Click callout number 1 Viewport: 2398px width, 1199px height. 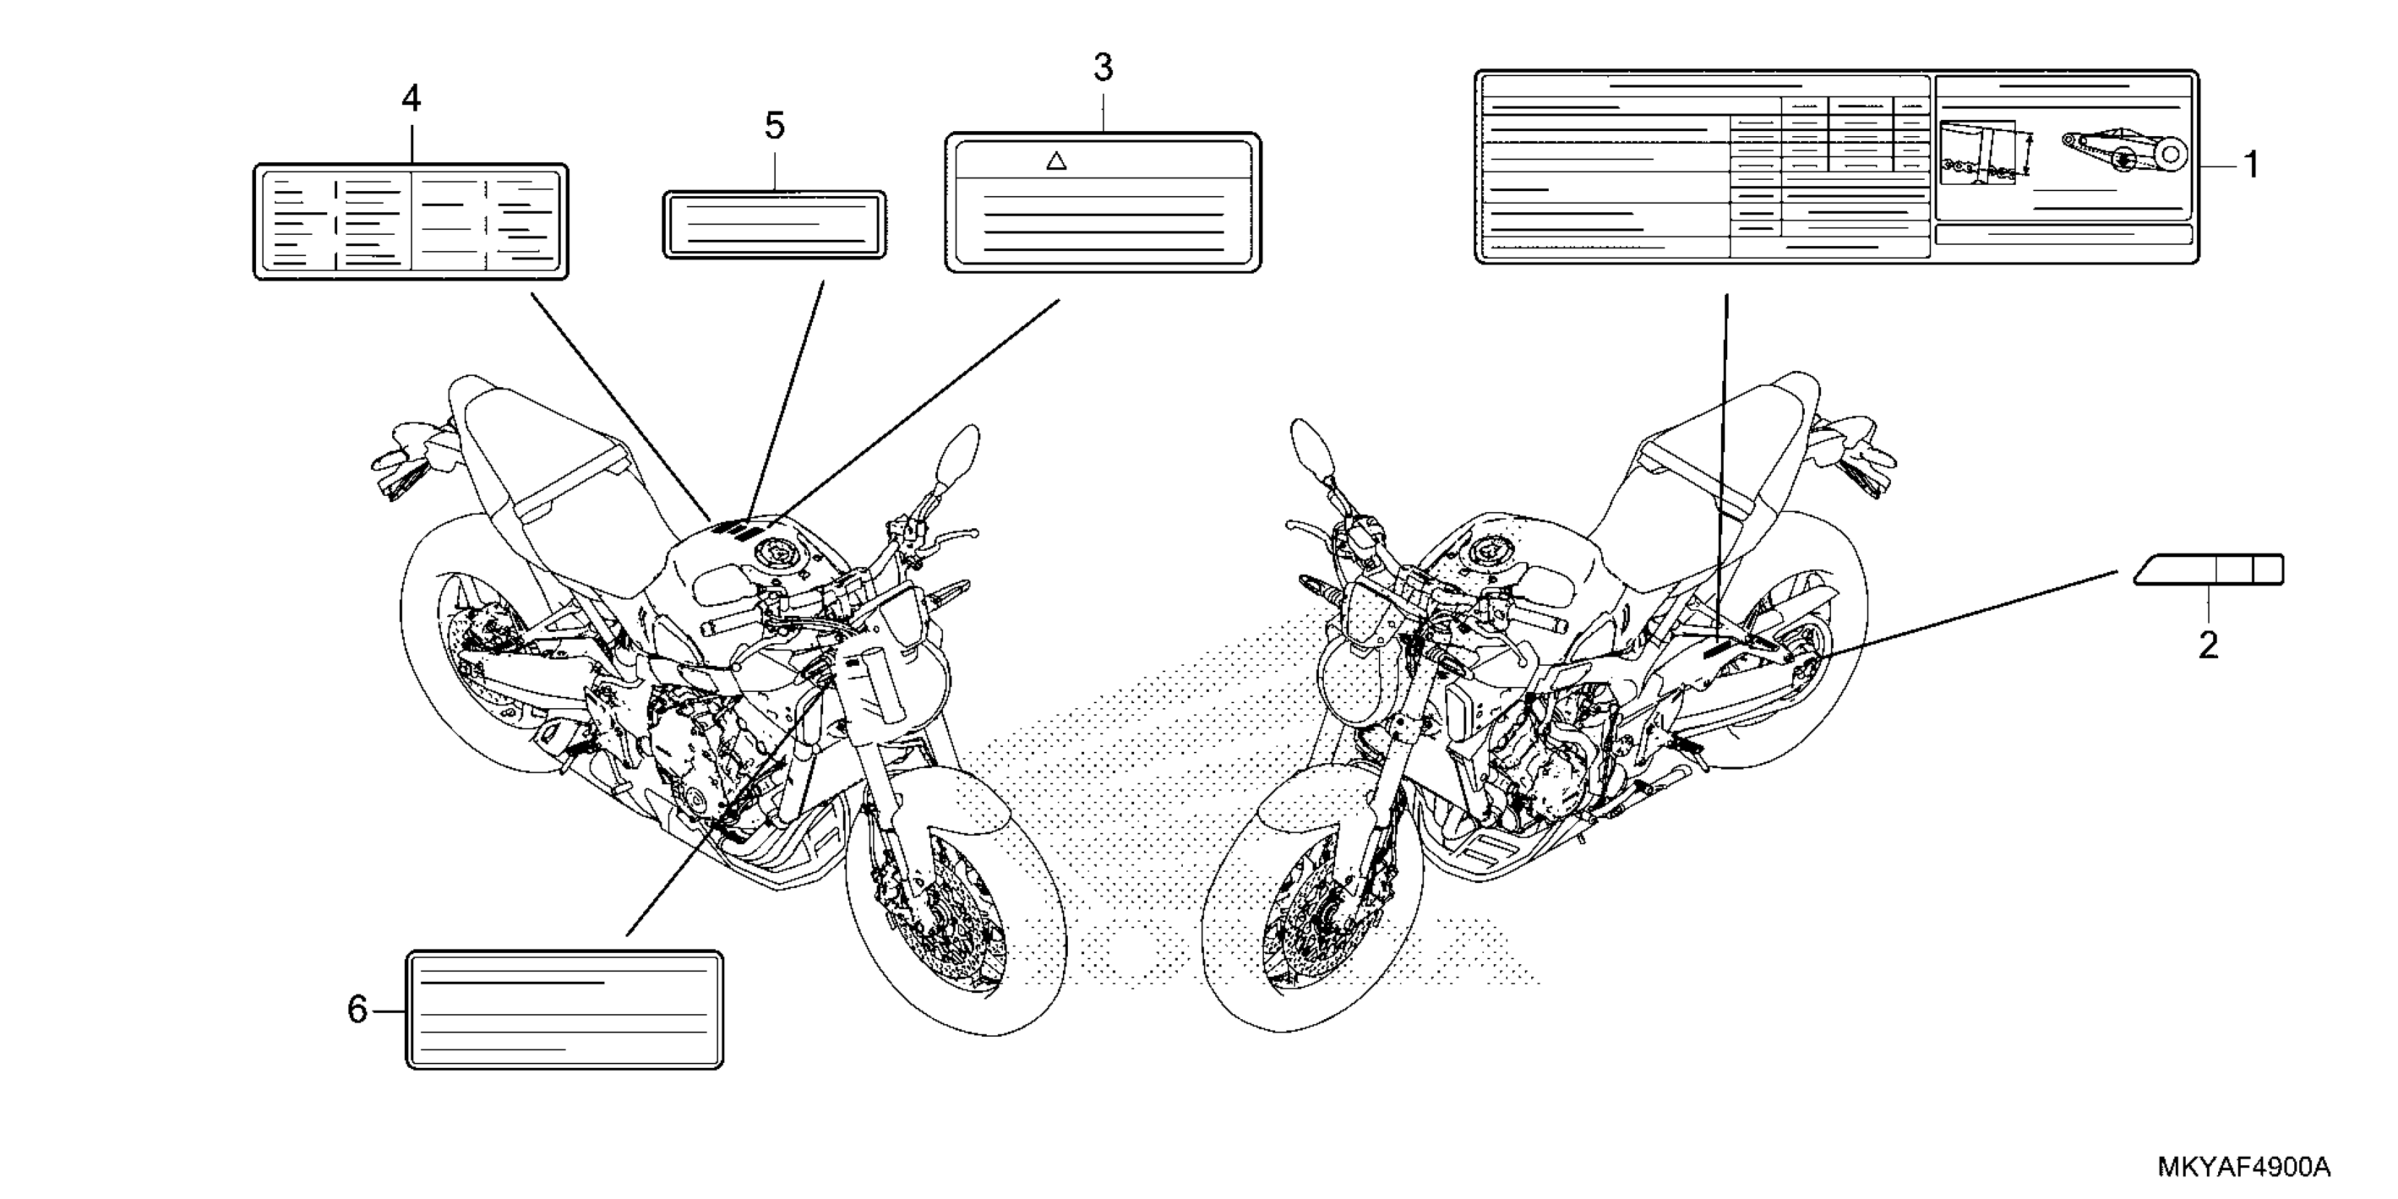pyautogui.click(x=2251, y=166)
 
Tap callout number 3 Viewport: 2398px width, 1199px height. pyautogui.click(x=1103, y=68)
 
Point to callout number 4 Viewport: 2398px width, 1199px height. pyautogui.click(x=410, y=99)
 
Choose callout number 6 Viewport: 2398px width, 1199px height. pyautogui.click(x=358, y=1009)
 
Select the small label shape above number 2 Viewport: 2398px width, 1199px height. pyautogui.click(x=2208, y=570)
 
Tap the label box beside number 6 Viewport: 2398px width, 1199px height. pyautogui.click(x=564, y=1009)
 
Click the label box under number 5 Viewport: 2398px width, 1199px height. pyautogui.click(x=774, y=224)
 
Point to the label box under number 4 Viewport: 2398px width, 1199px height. pyautogui.click(x=410, y=221)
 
